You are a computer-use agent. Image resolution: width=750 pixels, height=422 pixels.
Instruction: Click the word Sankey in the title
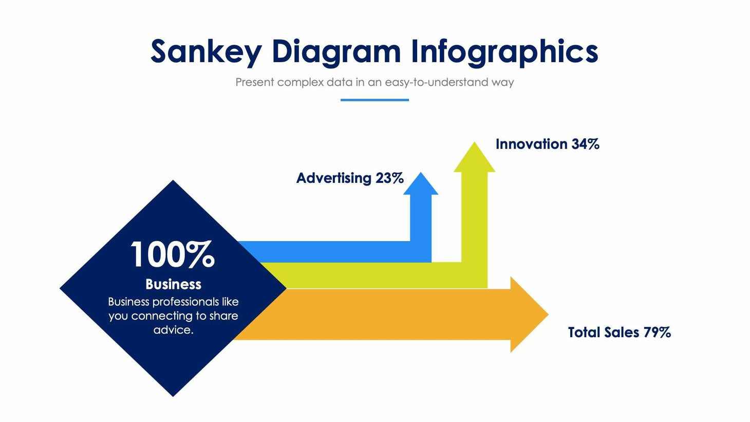coord(206,51)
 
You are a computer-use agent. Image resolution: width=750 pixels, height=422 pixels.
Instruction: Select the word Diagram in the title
coord(336,51)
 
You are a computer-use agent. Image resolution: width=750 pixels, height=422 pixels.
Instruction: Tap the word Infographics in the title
coord(504,51)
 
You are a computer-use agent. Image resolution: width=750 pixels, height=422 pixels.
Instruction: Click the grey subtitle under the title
coord(374,82)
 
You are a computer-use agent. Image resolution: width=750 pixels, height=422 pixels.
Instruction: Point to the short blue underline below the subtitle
coord(374,100)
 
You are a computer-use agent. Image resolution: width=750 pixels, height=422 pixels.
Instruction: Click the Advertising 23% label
coord(350,178)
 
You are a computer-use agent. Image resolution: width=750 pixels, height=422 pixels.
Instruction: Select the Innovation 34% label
coord(547,144)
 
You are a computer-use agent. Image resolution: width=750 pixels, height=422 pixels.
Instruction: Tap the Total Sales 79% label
coord(619,332)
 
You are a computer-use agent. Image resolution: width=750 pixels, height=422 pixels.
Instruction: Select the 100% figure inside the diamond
coord(173,254)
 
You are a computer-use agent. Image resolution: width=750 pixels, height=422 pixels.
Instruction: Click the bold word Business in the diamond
coord(173,284)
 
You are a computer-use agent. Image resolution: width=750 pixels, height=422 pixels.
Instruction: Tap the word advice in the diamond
coord(173,330)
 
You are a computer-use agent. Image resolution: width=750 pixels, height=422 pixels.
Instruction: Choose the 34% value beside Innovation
coord(585,144)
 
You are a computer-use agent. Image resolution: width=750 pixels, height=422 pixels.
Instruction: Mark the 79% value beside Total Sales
coord(657,332)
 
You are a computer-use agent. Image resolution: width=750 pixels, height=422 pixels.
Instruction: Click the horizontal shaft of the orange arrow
coord(385,314)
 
